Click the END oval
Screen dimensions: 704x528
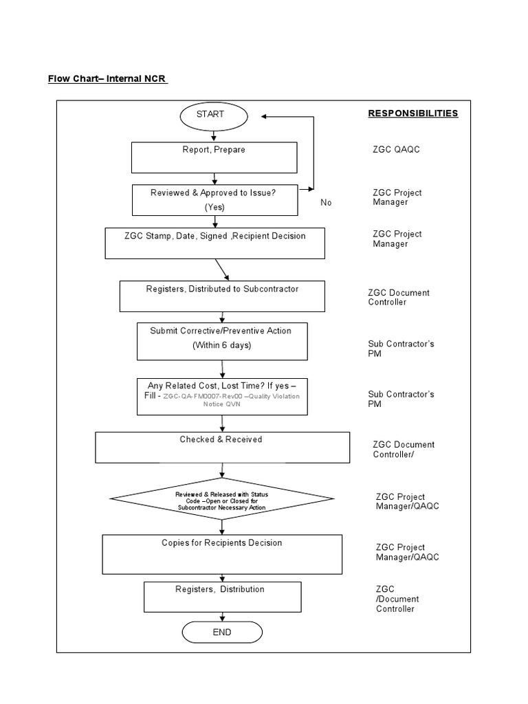click(x=222, y=632)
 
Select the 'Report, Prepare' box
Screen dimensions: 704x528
click(x=214, y=157)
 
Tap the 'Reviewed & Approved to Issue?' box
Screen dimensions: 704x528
click(x=214, y=200)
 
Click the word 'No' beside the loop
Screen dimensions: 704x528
click(x=326, y=203)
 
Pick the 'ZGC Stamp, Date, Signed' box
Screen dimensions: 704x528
click(x=215, y=243)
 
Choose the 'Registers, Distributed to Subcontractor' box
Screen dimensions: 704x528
click(x=222, y=296)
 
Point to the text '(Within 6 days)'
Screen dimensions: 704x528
click(x=221, y=345)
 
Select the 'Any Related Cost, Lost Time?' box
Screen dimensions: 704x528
click(x=221, y=397)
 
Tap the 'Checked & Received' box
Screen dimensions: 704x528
click(x=222, y=448)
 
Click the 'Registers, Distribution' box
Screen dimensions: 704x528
click(x=213, y=596)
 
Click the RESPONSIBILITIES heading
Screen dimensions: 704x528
click(x=412, y=113)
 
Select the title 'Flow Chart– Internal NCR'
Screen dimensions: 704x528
click(x=107, y=78)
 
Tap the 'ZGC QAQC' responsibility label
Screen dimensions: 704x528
click(x=396, y=149)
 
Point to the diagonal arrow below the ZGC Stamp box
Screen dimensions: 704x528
click(x=222, y=269)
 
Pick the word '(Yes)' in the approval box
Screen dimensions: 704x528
click(x=214, y=207)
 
